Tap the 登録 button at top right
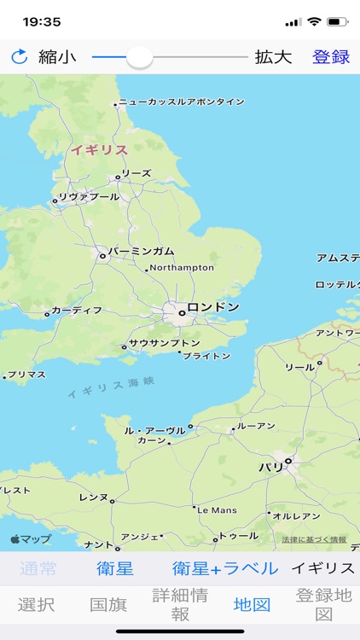(x=331, y=57)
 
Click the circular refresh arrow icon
(x=19, y=57)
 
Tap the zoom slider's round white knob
(x=139, y=57)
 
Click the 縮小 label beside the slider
(x=57, y=57)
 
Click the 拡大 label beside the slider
(x=273, y=57)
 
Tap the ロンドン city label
(x=212, y=307)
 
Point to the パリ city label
(x=270, y=467)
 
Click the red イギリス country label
(x=99, y=150)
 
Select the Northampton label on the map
(x=183, y=267)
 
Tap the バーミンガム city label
(x=141, y=251)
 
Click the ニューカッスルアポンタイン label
(x=182, y=102)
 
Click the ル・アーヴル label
(x=154, y=430)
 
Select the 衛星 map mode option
(x=114, y=568)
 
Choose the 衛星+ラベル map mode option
(x=225, y=568)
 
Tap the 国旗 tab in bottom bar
(x=108, y=605)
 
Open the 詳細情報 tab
(x=180, y=605)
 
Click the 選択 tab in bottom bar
(x=36, y=605)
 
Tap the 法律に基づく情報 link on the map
(x=314, y=539)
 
